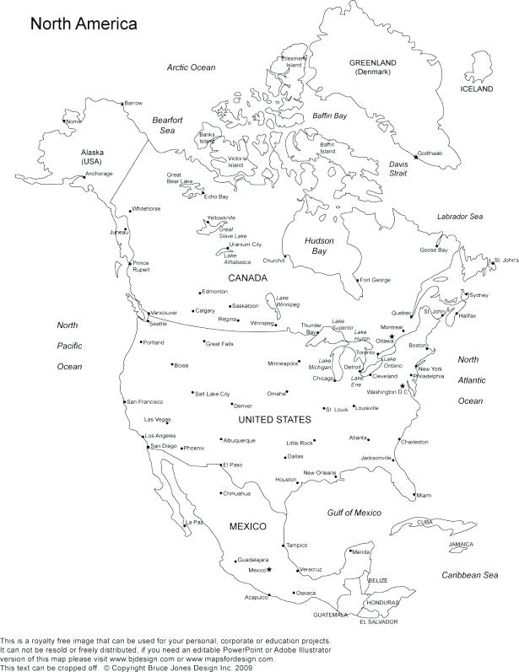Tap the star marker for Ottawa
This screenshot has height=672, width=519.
tap(392, 336)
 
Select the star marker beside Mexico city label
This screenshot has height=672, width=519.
tap(270, 570)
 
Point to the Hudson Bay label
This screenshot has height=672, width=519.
tap(321, 246)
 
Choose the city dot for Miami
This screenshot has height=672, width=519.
tap(415, 495)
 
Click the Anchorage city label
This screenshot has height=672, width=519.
tap(99, 174)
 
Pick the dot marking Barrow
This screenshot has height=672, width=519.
tap(122, 103)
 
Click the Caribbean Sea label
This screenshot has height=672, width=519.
tap(472, 574)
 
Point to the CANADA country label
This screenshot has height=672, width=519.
tap(247, 277)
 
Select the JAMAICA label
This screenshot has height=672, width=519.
tap(461, 545)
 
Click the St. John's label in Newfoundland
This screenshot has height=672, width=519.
tap(506, 260)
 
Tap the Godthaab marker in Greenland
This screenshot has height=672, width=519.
tap(415, 157)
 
